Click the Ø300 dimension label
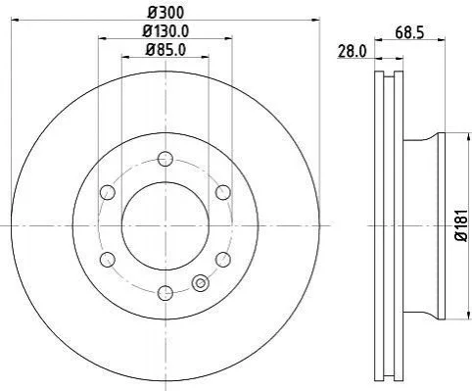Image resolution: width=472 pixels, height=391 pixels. click(x=165, y=13)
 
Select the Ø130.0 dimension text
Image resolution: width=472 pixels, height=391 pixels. click(x=165, y=31)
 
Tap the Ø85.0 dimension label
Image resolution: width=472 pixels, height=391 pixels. click(x=165, y=50)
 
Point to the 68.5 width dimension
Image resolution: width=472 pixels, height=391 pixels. click(x=409, y=33)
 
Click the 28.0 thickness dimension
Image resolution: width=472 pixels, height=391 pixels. click(x=352, y=52)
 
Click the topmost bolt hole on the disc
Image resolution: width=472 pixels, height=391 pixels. click(x=165, y=159)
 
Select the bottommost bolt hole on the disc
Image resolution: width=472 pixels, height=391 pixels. click(x=165, y=293)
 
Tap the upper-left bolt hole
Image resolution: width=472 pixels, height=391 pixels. click(x=108, y=192)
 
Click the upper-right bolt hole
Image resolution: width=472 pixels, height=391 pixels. click(x=223, y=192)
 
